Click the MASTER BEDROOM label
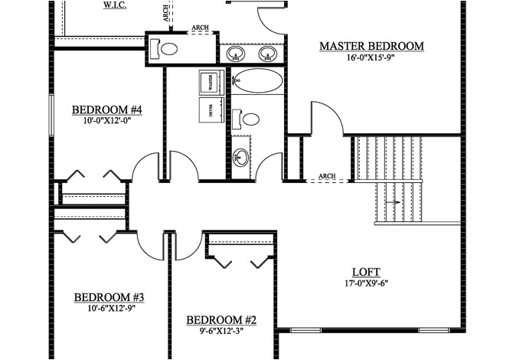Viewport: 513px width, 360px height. pos(371,47)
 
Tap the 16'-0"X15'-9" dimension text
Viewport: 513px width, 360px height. pos(371,58)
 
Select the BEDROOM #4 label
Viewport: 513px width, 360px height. pos(108,109)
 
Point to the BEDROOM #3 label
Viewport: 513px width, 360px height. pos(109,297)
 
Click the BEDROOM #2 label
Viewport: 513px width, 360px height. pos(222,319)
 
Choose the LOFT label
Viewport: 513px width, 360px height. pos(366,272)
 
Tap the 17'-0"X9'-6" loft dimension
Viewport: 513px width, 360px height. pos(366,283)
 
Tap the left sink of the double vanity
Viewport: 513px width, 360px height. pos(237,53)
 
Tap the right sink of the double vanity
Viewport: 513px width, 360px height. pos(267,53)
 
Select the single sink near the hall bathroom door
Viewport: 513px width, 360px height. pos(241,159)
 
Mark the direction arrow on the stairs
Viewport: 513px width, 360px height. pos(394,202)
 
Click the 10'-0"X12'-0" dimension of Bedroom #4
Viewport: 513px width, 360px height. pos(108,120)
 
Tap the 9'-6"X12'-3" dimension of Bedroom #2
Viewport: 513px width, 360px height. pos(222,331)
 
